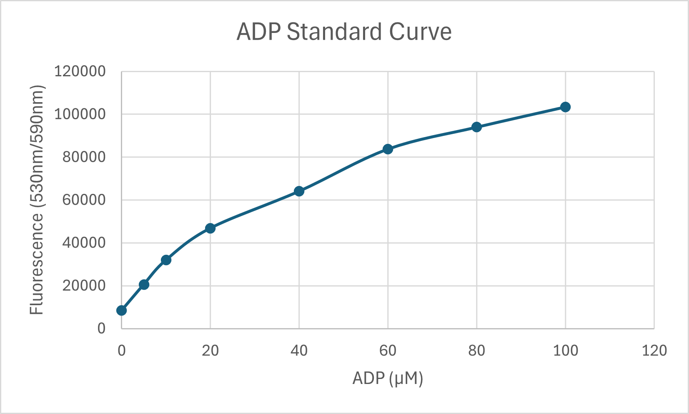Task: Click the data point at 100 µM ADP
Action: (x=565, y=107)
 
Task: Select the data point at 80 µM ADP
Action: (x=476, y=127)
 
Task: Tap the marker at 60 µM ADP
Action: (x=388, y=149)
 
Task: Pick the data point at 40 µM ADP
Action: (x=299, y=191)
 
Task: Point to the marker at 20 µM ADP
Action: (x=210, y=228)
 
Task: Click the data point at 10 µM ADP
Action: (x=166, y=260)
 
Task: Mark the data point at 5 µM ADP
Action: (x=144, y=284)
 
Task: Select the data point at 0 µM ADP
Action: (x=121, y=310)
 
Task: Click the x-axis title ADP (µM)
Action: (x=388, y=379)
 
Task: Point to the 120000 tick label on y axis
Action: (x=80, y=72)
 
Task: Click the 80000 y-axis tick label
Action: (x=84, y=157)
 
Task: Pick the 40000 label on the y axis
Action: (x=84, y=243)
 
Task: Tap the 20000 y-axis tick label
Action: (x=84, y=286)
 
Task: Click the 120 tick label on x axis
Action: (x=654, y=351)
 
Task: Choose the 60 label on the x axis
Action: (x=388, y=351)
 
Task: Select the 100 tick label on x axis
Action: (x=565, y=351)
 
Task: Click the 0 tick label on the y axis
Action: (x=101, y=329)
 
